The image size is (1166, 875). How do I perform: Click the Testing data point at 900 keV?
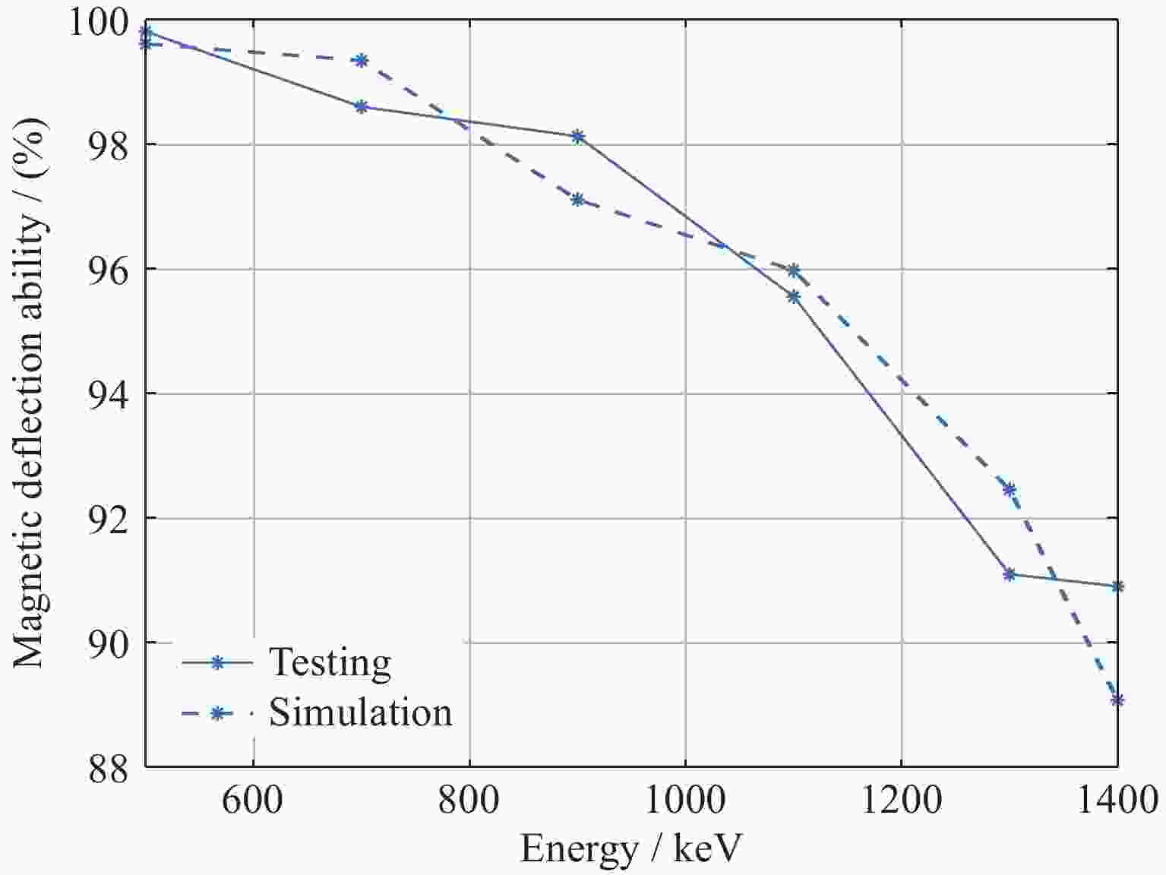pos(577,137)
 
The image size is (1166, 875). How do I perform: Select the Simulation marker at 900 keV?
pos(577,200)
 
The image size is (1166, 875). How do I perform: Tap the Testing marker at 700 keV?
pos(362,107)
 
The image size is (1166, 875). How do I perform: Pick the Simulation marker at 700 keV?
pos(362,60)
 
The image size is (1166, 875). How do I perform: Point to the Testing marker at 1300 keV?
pos(1009,574)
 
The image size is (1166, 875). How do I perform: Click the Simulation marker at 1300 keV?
pos(1009,489)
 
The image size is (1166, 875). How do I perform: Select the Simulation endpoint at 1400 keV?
pos(1117,700)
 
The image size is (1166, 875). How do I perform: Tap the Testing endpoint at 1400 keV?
pos(1117,586)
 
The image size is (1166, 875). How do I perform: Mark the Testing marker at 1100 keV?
pos(793,296)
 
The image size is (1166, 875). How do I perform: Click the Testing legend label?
pos(330,662)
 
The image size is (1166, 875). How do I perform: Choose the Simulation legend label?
pos(360,712)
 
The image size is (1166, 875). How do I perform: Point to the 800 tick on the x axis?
pos(469,801)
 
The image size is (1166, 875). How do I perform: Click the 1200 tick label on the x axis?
pos(901,801)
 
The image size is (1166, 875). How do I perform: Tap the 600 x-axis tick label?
pos(252,801)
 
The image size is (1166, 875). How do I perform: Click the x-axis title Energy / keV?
pos(630,849)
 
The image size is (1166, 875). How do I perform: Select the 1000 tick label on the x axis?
pos(685,801)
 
